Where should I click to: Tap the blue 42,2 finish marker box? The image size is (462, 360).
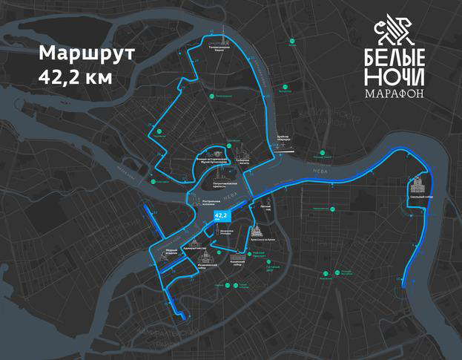tap(220, 216)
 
